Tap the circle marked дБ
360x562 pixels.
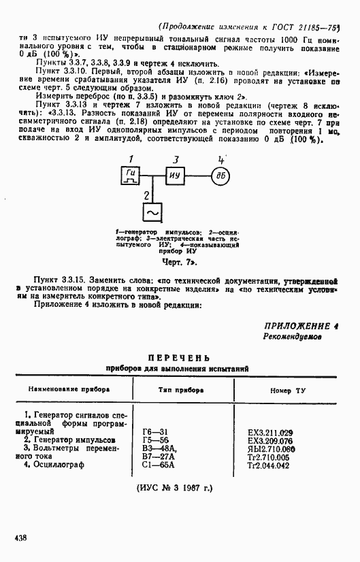(220, 178)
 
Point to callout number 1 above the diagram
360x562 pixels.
(131, 159)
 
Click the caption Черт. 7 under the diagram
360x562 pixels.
(180, 262)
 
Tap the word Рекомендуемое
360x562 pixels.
(293, 337)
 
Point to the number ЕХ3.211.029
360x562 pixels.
(270, 432)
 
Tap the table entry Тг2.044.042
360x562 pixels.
(272, 466)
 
